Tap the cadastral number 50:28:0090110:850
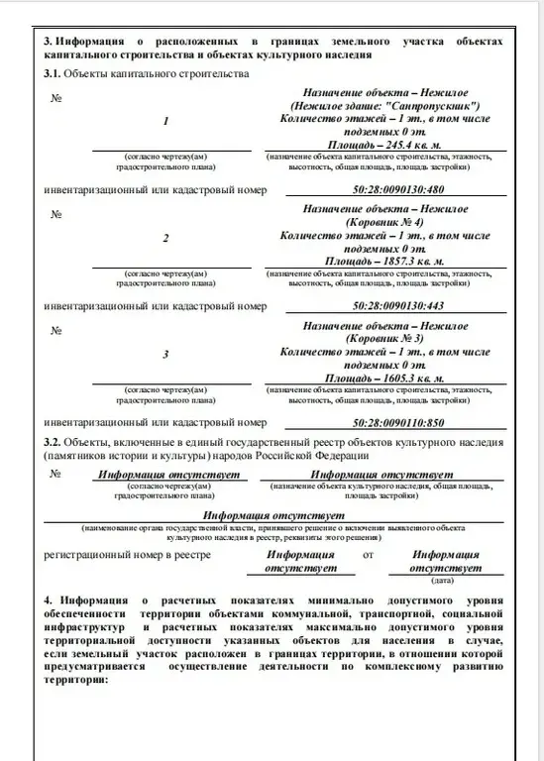click(385, 422)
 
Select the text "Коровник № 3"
click(385, 340)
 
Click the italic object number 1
click(165, 121)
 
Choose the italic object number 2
click(165, 238)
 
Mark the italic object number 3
click(165, 355)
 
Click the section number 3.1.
click(53, 74)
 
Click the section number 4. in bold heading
click(49, 601)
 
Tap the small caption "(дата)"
click(445, 581)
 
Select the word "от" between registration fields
click(369, 556)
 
